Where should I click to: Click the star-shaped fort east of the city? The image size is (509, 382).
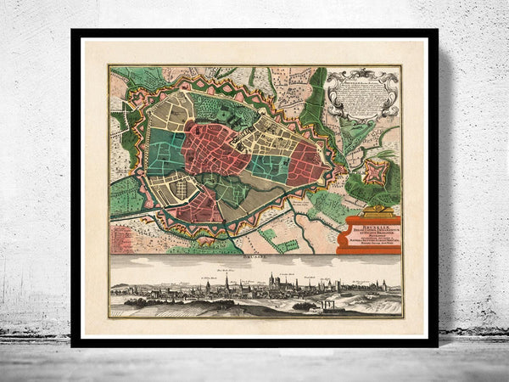coord(372,175)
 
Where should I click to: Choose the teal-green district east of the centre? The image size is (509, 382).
coord(268,166)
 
